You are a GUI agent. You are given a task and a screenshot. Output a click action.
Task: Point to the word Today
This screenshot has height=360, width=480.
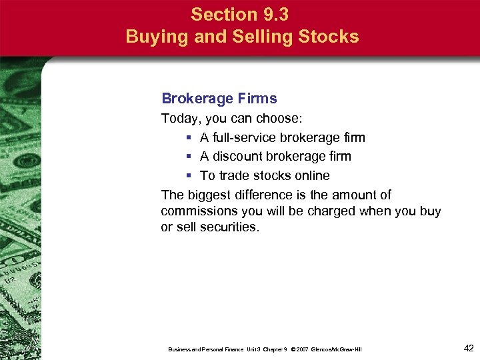point(179,119)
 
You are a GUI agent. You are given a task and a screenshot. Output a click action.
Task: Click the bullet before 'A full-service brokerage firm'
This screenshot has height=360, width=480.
point(189,138)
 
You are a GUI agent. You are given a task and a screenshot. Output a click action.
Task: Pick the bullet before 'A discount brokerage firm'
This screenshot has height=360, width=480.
point(189,157)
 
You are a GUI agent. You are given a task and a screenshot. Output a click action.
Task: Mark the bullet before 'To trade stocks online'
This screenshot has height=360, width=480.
point(189,176)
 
